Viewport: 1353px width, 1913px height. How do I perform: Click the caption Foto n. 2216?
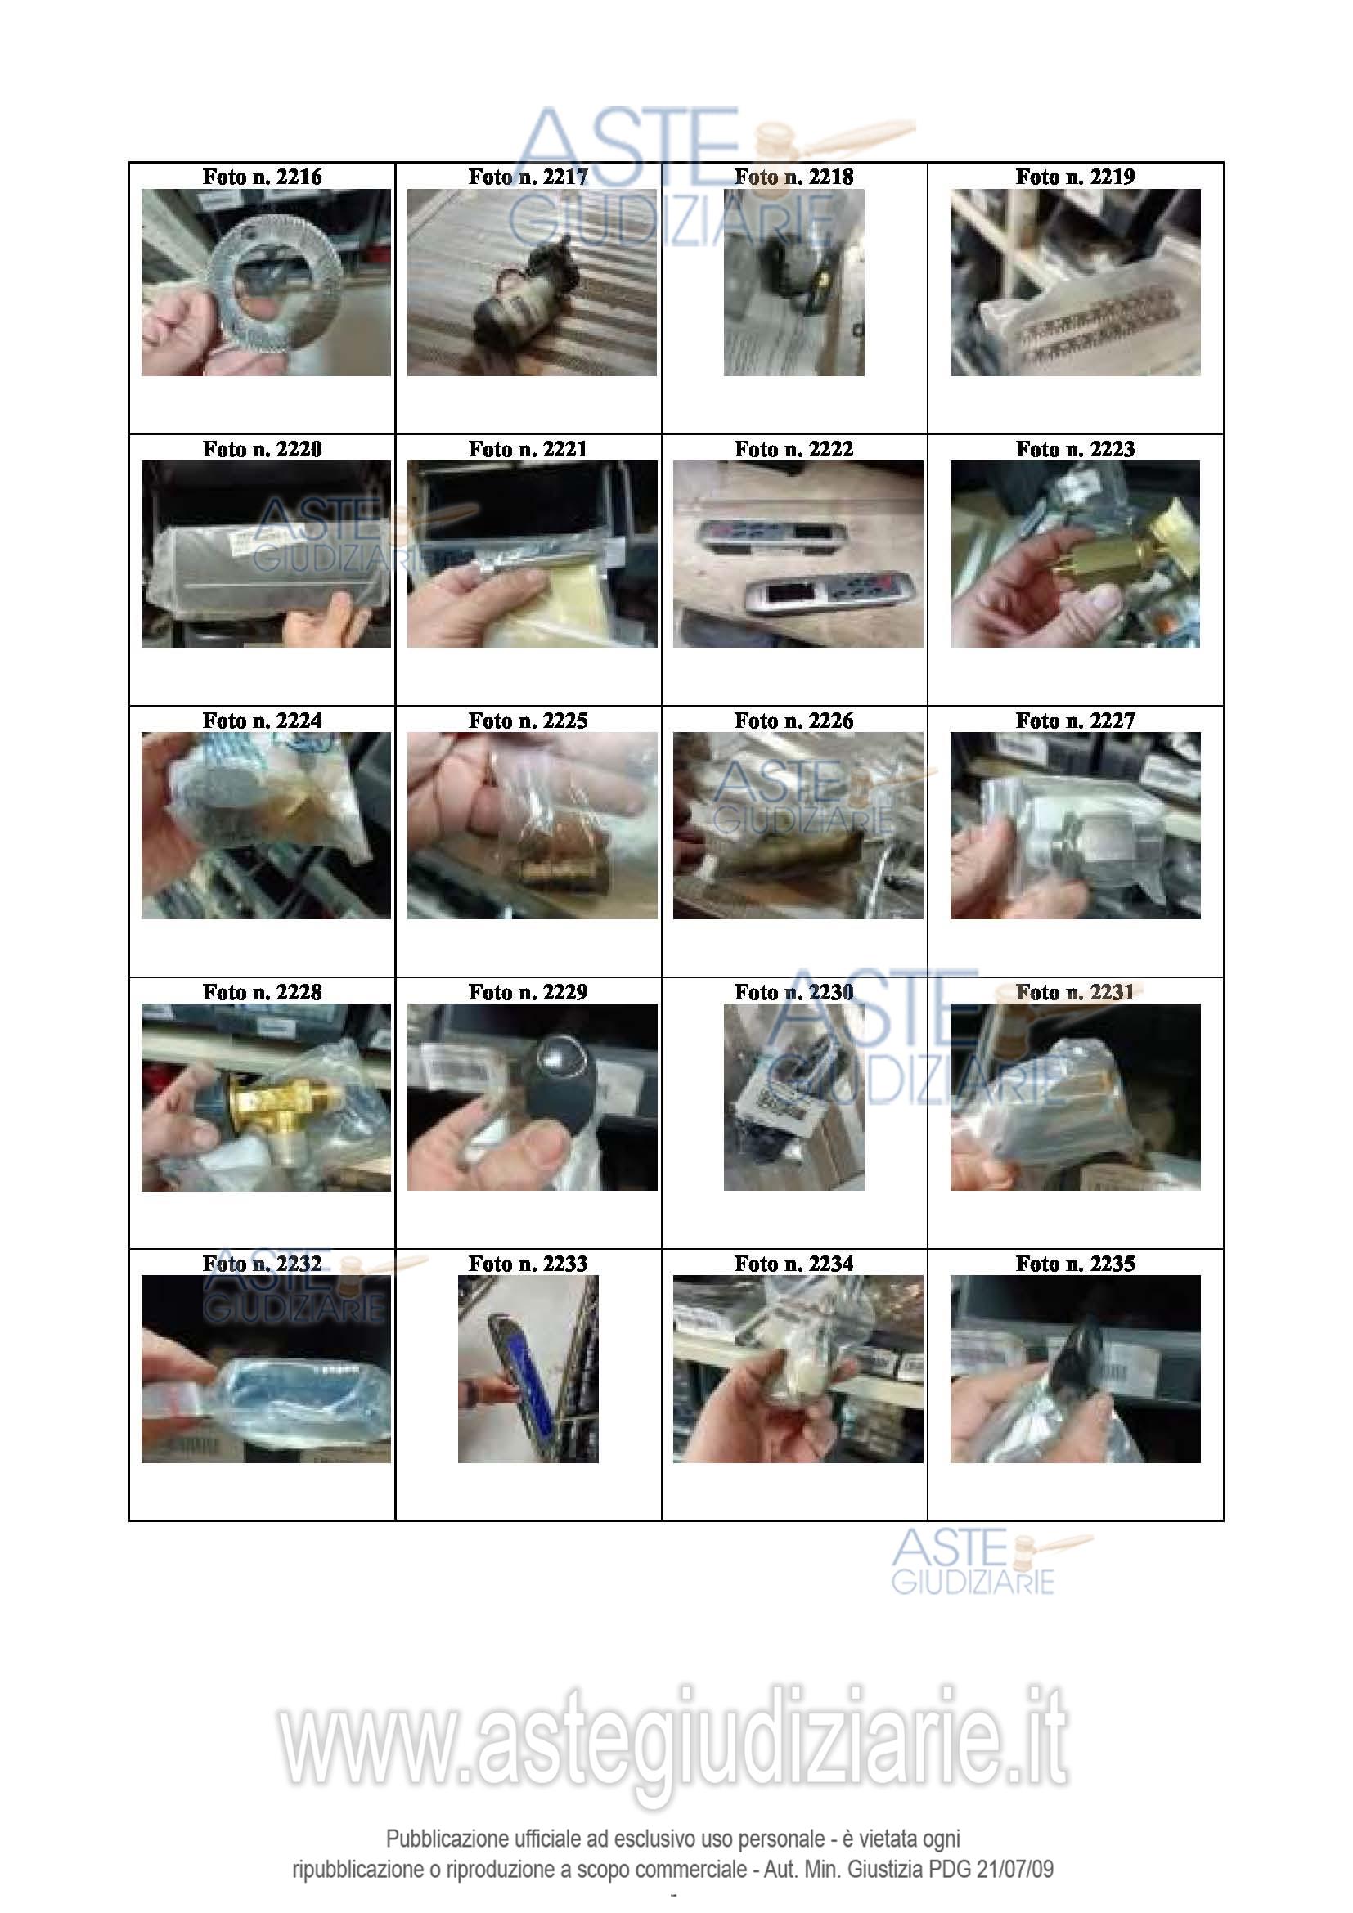click(262, 177)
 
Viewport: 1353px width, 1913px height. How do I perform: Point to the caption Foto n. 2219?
click(1075, 177)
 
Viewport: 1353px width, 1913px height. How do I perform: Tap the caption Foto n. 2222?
click(794, 449)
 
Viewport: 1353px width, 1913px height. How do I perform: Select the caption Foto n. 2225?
click(528, 721)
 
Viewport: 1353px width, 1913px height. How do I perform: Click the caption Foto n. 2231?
click(1075, 992)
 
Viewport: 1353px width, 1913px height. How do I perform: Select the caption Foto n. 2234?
click(794, 1264)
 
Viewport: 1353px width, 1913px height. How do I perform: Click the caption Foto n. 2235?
click(1075, 1264)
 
